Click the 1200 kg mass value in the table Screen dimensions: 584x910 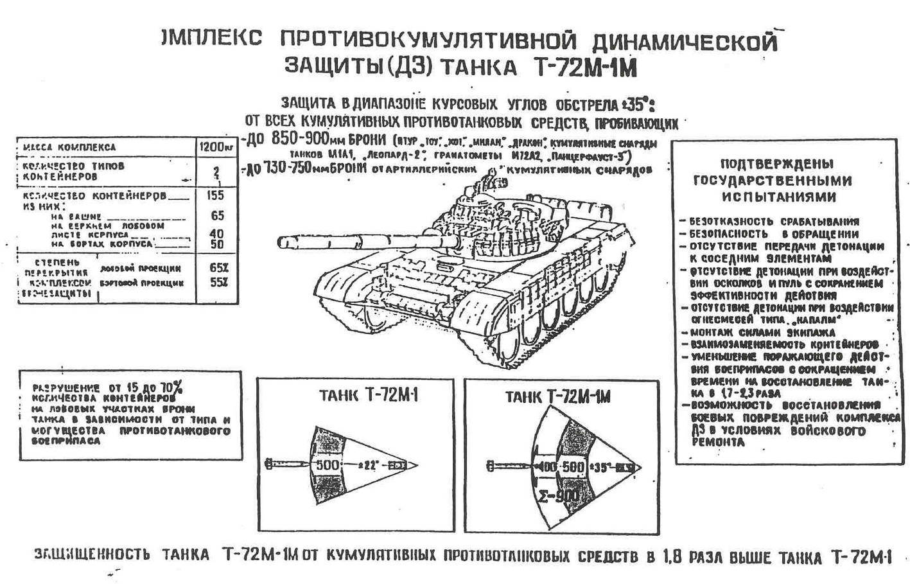coord(216,147)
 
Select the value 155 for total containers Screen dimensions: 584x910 coord(217,195)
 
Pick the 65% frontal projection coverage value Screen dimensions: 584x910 coord(218,268)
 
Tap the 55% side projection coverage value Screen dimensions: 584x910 coord(218,283)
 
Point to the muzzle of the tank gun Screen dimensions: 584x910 coord(282,242)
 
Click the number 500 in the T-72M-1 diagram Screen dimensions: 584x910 coord(328,465)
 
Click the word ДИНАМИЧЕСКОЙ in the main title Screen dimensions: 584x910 coord(683,44)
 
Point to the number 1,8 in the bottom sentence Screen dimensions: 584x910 coord(671,556)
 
